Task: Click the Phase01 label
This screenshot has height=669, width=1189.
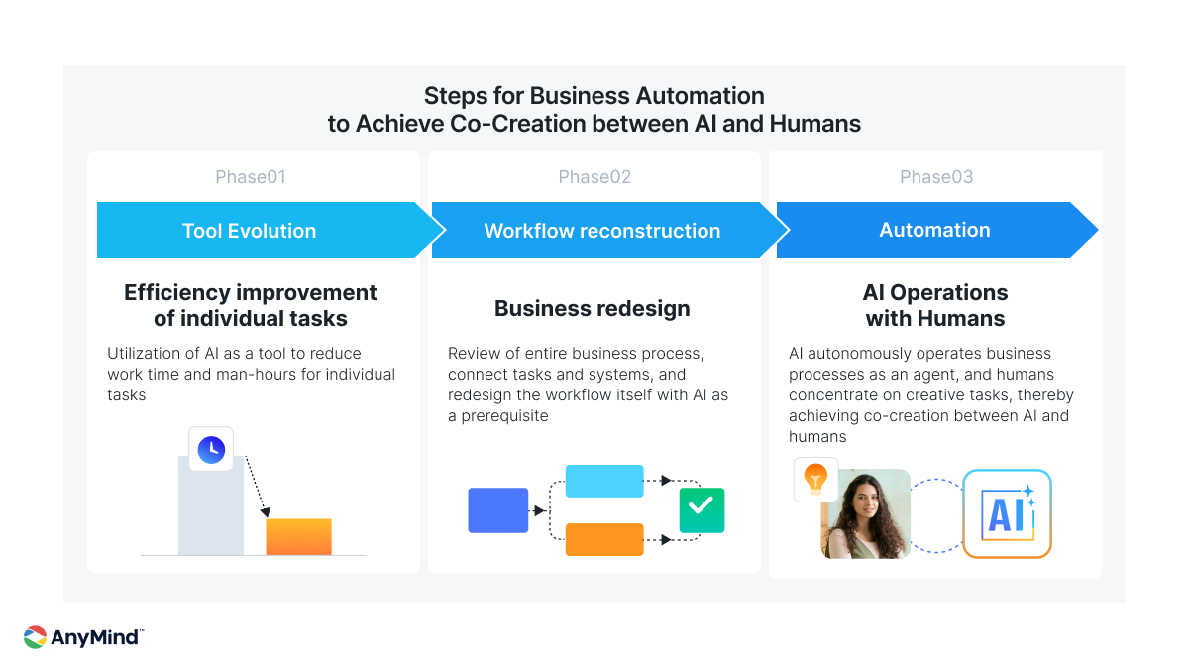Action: point(251,176)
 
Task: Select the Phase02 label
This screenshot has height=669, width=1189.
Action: point(594,176)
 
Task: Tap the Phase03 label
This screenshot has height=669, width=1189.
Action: point(936,176)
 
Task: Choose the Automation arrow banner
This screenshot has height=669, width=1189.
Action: point(937,230)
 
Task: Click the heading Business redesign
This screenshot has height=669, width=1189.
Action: point(593,308)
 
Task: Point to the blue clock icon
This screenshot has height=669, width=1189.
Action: point(211,450)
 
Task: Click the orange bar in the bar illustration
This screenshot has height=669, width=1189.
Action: point(299,537)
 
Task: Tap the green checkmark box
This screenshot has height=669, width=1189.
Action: point(702,510)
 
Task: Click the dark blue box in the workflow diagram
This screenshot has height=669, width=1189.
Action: point(497,510)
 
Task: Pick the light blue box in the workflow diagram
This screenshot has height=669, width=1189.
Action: point(604,481)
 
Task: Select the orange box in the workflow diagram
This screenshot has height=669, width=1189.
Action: point(604,539)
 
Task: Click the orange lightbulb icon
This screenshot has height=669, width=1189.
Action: point(815,479)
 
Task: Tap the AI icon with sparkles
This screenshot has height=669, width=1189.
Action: point(1007,513)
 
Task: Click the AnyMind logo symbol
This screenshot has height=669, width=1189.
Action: point(35,637)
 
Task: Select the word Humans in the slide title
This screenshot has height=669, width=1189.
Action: point(815,124)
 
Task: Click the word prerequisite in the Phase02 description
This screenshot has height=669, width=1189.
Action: point(504,416)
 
